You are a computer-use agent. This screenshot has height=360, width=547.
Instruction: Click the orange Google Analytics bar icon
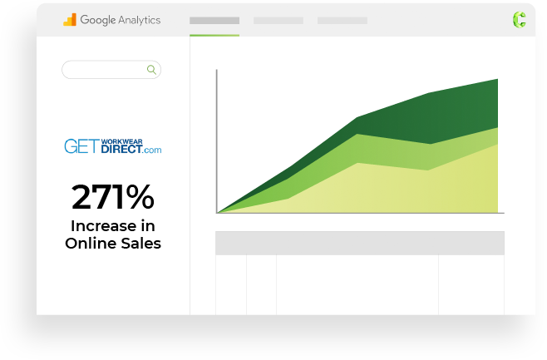point(70,20)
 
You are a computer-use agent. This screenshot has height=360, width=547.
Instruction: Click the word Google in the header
point(98,20)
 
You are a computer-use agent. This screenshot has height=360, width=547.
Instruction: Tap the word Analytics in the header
point(140,20)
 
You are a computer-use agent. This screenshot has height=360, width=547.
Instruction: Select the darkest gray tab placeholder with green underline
point(214,21)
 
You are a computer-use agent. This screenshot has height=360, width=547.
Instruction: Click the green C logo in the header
point(519,19)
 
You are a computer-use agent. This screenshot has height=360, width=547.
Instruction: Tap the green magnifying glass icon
point(151,70)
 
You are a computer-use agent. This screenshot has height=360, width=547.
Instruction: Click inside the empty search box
point(105,70)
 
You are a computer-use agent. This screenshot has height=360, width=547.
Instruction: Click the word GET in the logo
point(82,146)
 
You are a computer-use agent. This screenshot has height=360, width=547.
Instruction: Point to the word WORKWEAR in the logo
point(121,141)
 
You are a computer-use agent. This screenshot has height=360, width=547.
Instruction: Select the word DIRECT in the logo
point(121,149)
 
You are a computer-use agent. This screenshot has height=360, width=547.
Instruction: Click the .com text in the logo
point(152,150)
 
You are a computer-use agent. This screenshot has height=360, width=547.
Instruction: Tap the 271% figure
point(113,197)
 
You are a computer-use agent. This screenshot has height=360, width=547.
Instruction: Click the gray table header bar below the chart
point(360,243)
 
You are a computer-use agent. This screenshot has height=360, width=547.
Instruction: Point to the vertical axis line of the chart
point(217,141)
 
